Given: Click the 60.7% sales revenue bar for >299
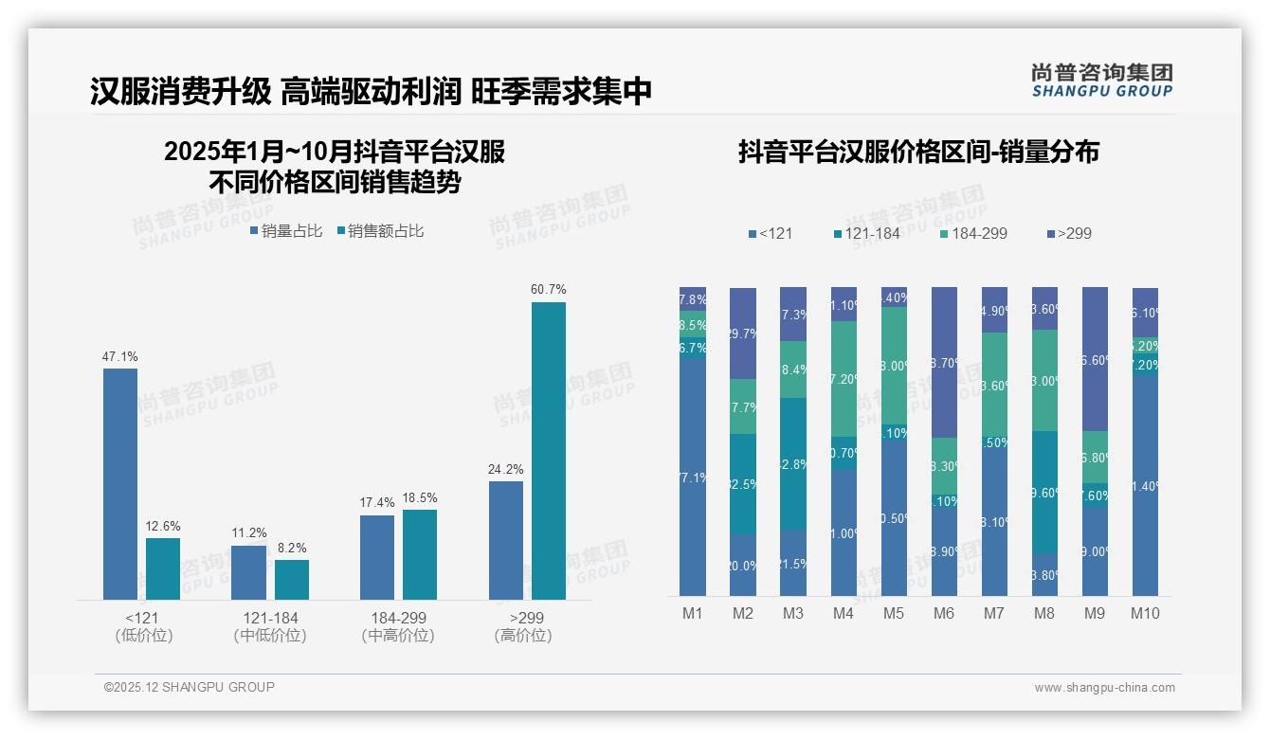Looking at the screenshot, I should (x=548, y=451).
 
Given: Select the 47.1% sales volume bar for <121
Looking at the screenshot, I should (x=120, y=483).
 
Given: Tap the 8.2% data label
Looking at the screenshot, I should (x=292, y=548).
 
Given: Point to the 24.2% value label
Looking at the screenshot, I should (x=506, y=469).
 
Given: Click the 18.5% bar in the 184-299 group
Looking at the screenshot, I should (x=420, y=554).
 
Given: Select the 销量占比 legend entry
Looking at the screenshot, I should (x=286, y=230).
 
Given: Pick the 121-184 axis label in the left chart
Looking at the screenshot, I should (x=270, y=618).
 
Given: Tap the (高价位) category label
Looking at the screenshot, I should (x=522, y=636).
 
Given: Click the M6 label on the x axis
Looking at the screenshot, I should (x=943, y=613).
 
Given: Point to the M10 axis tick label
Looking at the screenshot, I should (x=1145, y=613).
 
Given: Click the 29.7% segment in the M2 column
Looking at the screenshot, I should (x=743, y=333).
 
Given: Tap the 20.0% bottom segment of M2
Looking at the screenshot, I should (x=743, y=565).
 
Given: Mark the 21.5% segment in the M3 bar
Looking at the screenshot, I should (x=793, y=563).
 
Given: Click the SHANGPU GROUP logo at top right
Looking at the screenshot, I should (x=1102, y=81).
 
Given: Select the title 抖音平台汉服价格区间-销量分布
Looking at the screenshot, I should (x=918, y=153).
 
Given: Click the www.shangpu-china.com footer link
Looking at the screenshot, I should (x=1104, y=688).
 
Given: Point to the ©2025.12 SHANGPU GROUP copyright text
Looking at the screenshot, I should (x=190, y=687).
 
